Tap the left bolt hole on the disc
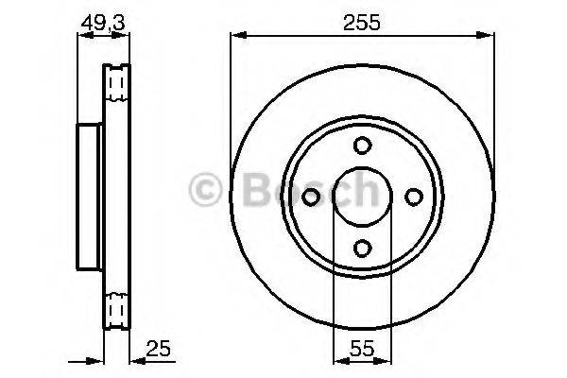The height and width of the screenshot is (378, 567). tap(312, 196)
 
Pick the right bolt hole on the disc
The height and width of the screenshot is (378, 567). tap(413, 196)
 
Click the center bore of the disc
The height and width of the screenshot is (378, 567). tap(362, 196)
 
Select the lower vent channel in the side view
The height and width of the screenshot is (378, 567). tap(117, 309)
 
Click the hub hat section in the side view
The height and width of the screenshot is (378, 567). tap(87, 196)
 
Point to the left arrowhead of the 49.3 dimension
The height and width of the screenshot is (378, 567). tap(81, 36)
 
